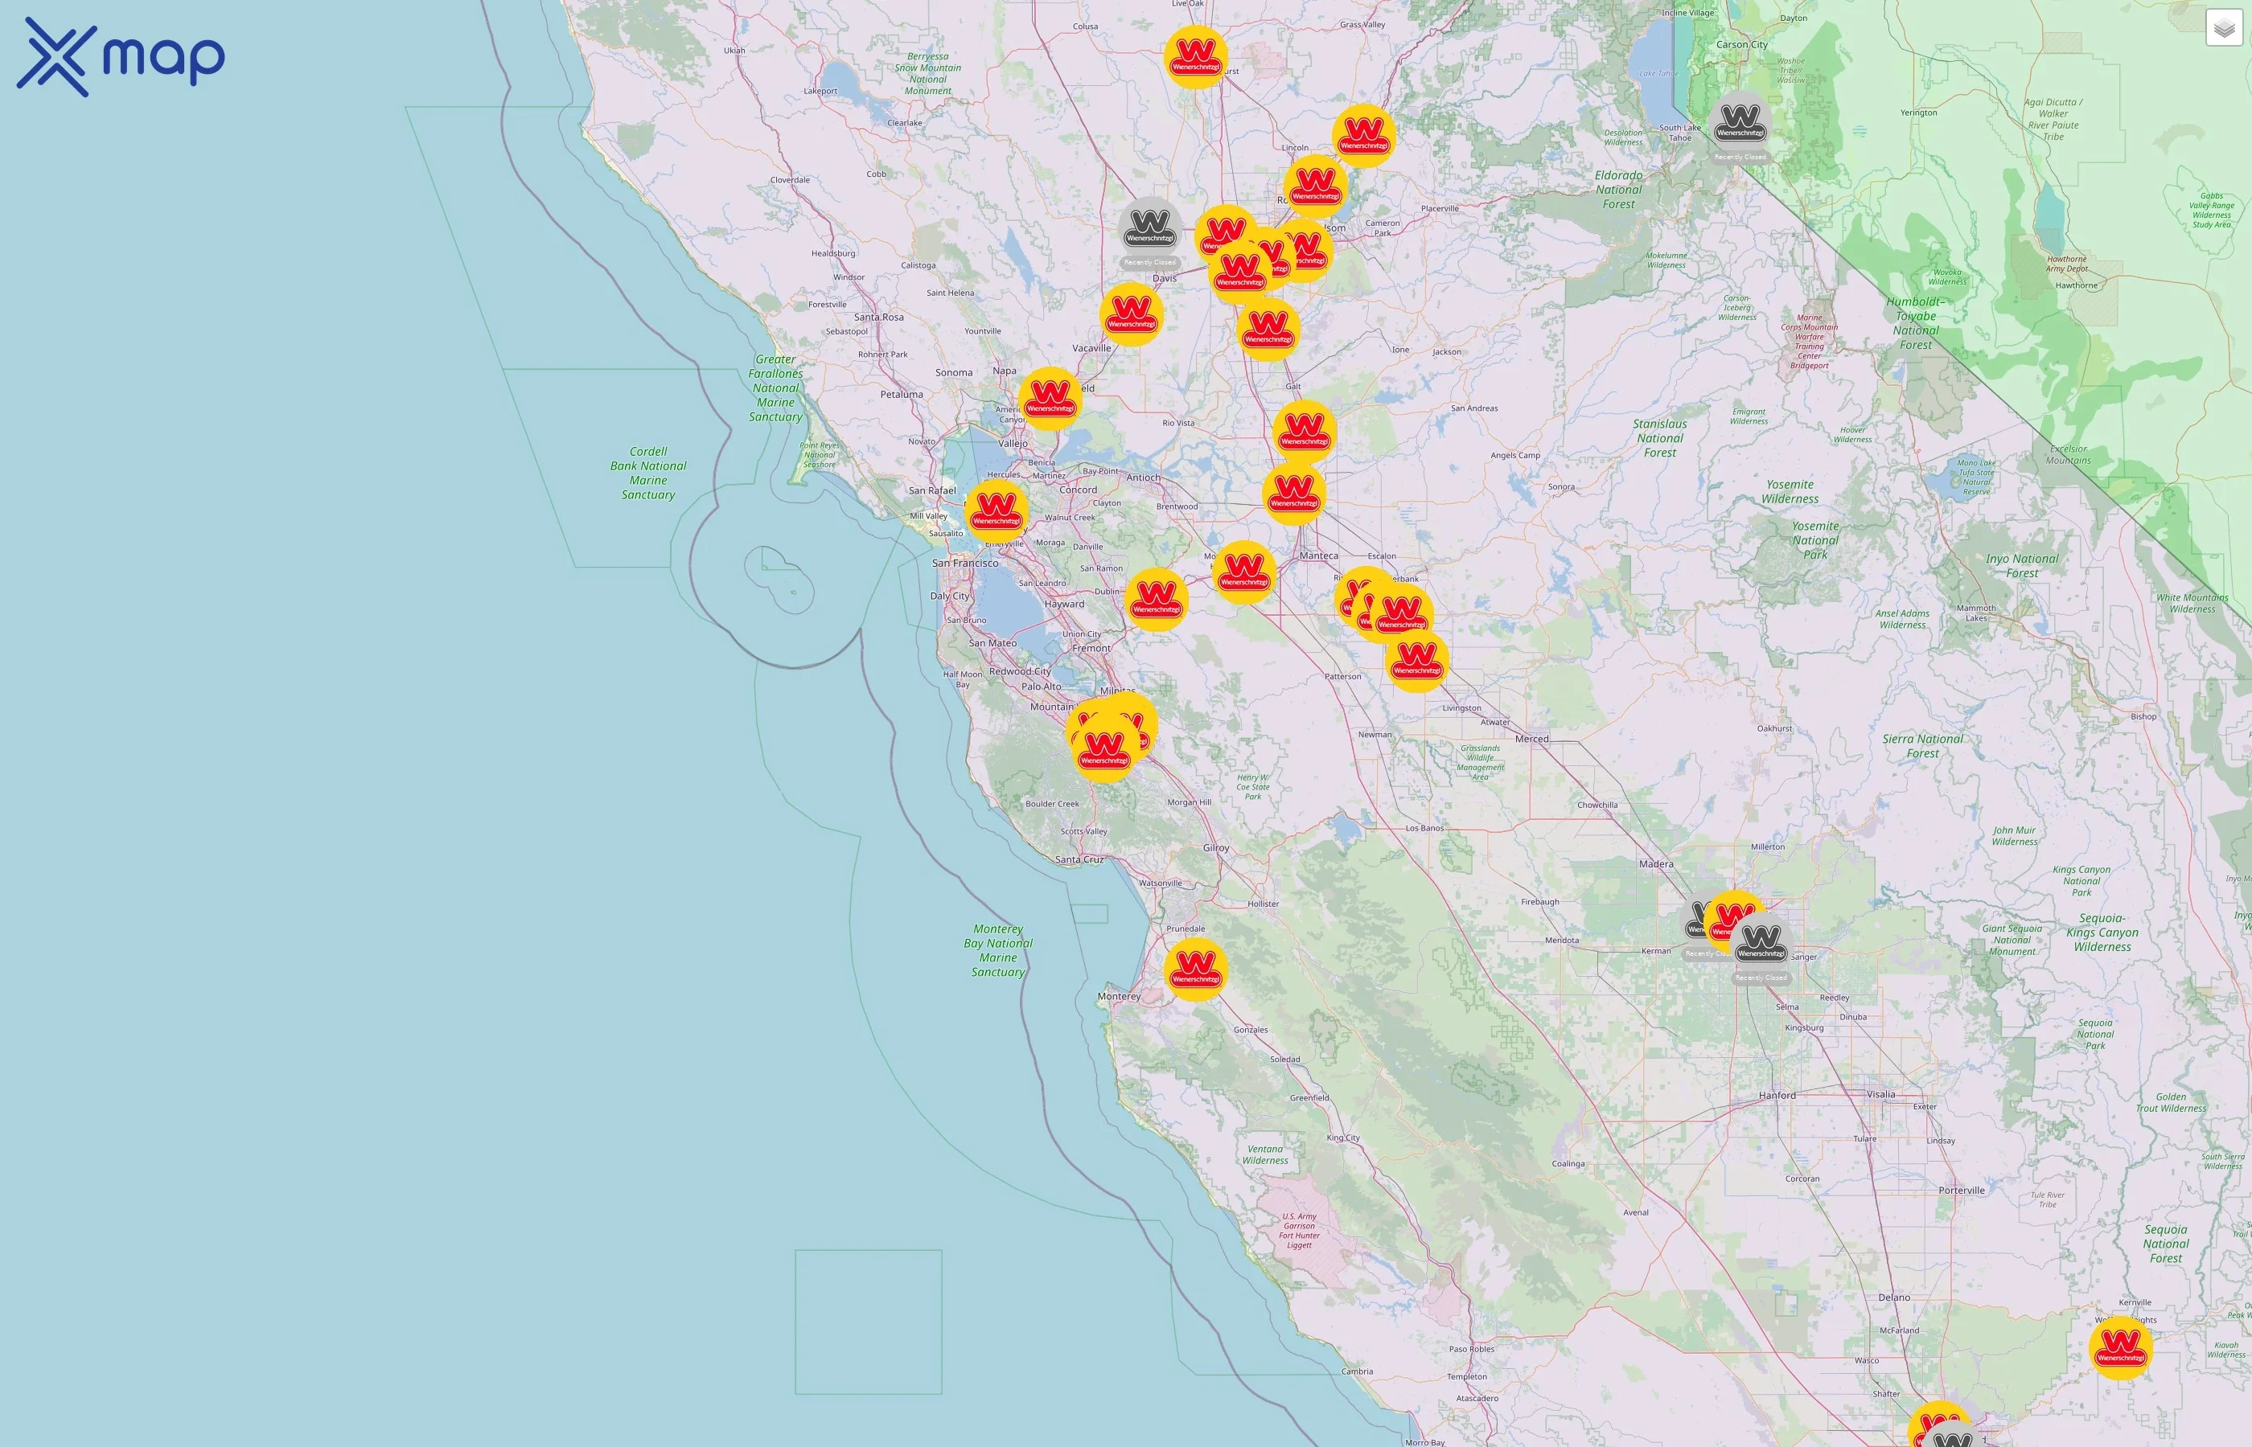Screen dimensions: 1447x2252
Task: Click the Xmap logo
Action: pos(121,56)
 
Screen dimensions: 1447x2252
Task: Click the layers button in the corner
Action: pos(2223,28)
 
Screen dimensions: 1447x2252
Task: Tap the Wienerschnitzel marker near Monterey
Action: pos(1195,969)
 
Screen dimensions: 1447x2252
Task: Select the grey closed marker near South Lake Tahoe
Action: pos(1740,124)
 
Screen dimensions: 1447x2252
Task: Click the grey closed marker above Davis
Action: pos(1149,229)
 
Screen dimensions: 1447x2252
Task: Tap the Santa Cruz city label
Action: pos(1079,859)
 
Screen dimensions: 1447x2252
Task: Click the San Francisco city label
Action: pos(964,564)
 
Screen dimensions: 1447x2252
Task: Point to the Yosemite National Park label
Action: pos(1815,540)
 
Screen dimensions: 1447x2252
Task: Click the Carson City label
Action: pos(1741,44)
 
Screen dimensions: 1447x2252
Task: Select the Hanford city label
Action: pos(1777,1096)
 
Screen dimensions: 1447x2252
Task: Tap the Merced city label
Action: pos(1531,739)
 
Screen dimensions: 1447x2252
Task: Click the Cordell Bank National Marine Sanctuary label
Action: pos(647,473)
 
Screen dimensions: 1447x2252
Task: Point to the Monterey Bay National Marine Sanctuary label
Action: pos(997,950)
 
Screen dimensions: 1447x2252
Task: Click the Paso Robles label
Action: pos(1471,1349)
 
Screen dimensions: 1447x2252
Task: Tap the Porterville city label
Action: pos(1961,1191)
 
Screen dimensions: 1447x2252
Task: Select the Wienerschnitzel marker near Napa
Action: pos(1050,399)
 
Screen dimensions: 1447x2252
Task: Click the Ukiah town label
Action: pos(734,51)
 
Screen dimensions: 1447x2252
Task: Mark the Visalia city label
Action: pos(1880,1095)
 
